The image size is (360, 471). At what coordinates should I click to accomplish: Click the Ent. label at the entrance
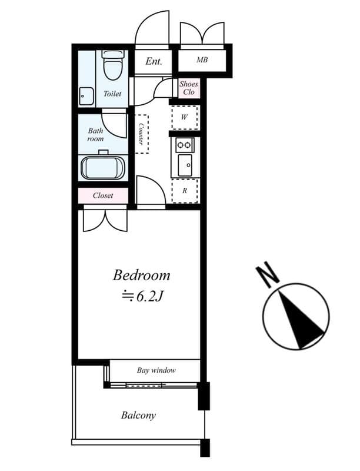(x=154, y=61)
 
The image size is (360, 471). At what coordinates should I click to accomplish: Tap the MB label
(x=202, y=60)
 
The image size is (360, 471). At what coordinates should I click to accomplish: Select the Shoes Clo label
(x=189, y=88)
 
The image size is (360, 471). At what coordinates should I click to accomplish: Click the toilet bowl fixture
(x=112, y=66)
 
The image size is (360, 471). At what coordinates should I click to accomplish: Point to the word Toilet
(x=112, y=94)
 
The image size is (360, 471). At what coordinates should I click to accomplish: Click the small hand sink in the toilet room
(x=86, y=95)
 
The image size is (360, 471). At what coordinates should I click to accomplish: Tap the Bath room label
(x=95, y=135)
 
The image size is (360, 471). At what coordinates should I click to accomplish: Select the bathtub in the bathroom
(x=103, y=167)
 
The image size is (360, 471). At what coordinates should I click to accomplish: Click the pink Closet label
(x=103, y=195)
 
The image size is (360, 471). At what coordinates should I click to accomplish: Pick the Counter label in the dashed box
(x=142, y=134)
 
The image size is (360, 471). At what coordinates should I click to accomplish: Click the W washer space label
(x=184, y=117)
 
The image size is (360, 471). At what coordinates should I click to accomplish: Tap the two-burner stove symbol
(x=185, y=145)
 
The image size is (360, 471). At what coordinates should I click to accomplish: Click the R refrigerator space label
(x=185, y=191)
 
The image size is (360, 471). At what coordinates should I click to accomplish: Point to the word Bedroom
(x=141, y=275)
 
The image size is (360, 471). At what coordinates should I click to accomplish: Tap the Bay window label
(x=156, y=370)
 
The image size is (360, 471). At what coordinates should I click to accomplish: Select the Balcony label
(x=138, y=415)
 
